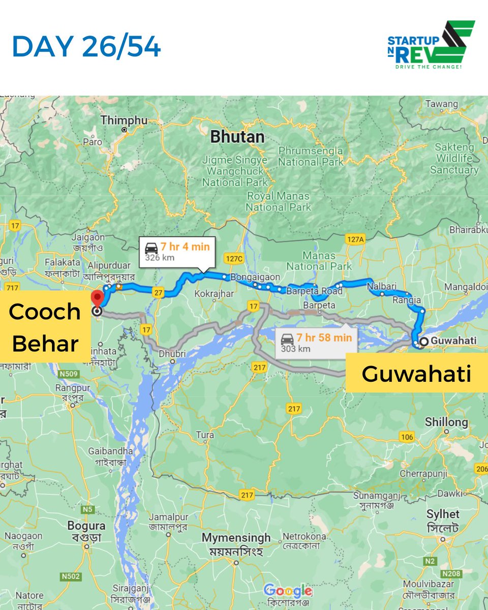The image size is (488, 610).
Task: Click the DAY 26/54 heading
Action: (86, 47)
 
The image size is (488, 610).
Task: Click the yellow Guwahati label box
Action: (416, 374)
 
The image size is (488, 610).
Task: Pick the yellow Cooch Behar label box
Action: (45, 327)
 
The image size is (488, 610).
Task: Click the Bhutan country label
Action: (237, 137)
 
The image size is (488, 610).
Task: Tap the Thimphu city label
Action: (124, 120)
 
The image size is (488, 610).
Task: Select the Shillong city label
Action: (446, 422)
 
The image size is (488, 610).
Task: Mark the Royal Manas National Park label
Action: (278, 201)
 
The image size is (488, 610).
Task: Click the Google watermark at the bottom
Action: (288, 591)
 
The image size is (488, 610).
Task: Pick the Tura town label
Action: (205, 435)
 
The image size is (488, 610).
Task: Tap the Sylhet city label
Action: (443, 514)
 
